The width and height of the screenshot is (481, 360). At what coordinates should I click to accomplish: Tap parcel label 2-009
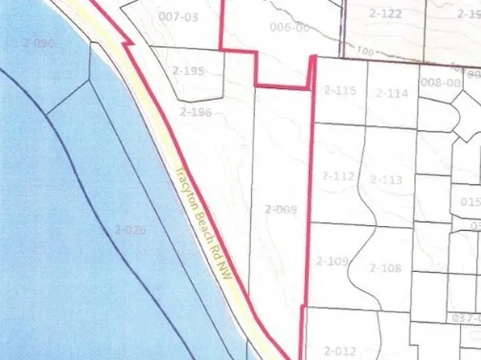[281, 210]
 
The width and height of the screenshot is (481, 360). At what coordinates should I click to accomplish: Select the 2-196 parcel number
[195, 112]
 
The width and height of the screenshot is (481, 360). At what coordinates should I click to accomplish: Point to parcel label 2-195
[188, 70]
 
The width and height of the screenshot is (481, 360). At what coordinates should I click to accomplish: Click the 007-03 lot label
[178, 16]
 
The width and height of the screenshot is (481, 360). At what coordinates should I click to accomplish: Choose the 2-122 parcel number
[385, 14]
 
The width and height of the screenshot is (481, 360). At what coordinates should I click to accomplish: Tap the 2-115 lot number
[338, 90]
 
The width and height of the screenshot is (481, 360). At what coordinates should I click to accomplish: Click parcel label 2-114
[391, 94]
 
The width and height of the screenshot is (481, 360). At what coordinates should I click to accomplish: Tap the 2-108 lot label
[384, 267]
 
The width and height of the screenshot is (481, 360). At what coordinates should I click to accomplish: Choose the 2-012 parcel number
[339, 350]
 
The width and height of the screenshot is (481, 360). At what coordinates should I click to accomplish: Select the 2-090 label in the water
[39, 43]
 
